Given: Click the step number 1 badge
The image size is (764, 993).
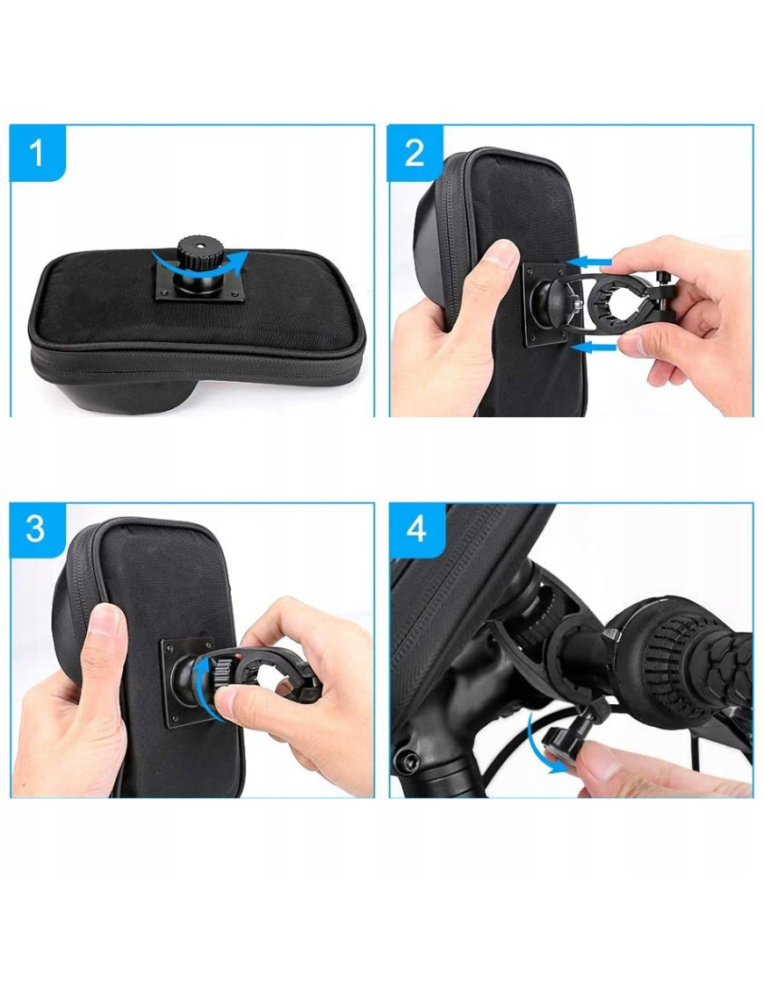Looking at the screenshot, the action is click(38, 154).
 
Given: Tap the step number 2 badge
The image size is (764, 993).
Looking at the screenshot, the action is click(415, 154).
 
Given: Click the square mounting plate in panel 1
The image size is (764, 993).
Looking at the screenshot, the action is click(199, 283).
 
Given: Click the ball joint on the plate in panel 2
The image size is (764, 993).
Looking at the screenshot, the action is click(551, 304).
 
